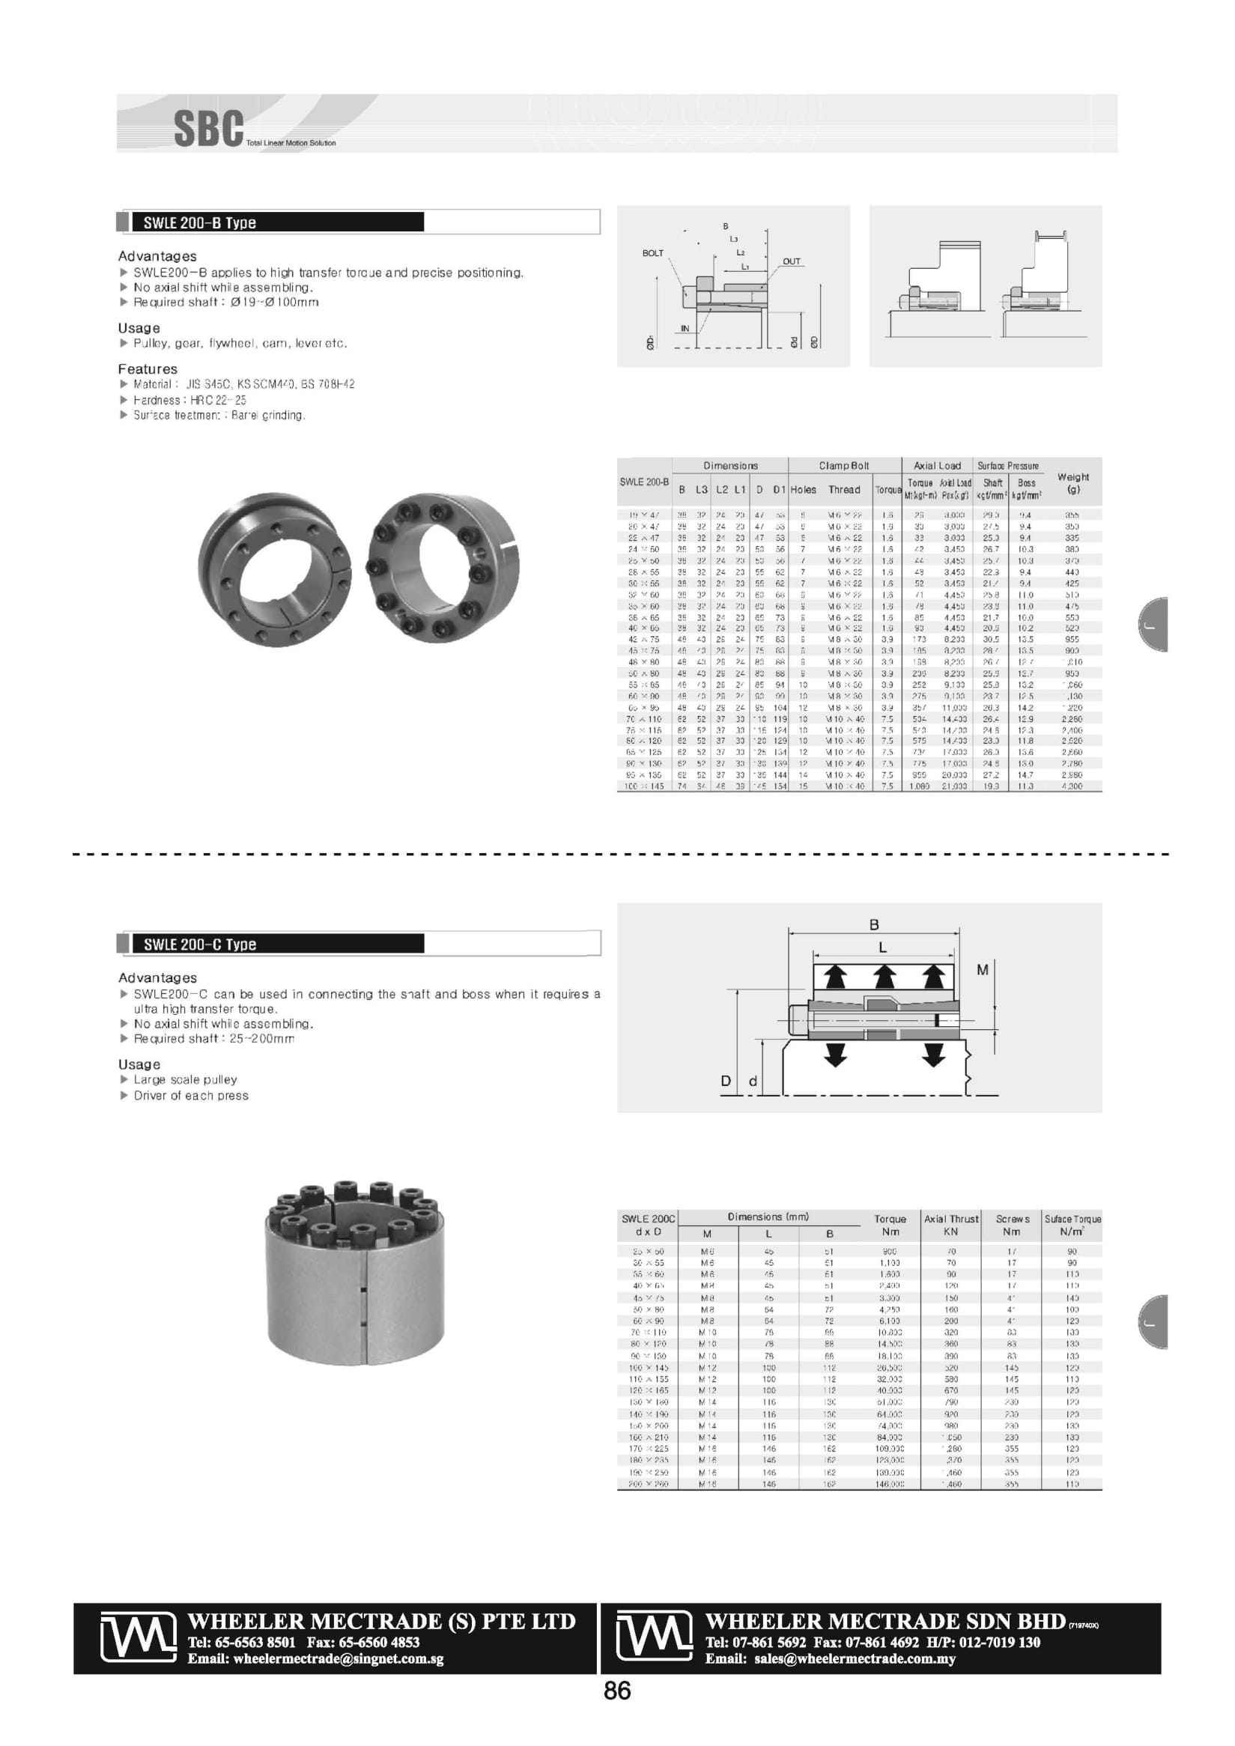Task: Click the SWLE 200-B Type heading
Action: (x=200, y=222)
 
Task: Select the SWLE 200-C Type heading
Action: (x=200, y=945)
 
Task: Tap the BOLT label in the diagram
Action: (x=652, y=253)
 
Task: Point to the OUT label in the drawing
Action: (x=792, y=261)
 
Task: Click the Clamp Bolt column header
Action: (x=843, y=465)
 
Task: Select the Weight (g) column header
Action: (x=1073, y=483)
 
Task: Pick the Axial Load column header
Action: (x=937, y=465)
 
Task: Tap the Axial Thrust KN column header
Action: (x=950, y=1225)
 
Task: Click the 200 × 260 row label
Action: (x=649, y=1484)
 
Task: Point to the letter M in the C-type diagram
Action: (x=983, y=969)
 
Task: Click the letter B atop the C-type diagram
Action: (x=874, y=925)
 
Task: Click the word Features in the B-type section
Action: (x=148, y=369)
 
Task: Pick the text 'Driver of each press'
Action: (x=191, y=1095)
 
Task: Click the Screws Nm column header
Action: (x=1012, y=1225)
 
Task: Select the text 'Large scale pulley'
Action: (x=186, y=1080)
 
